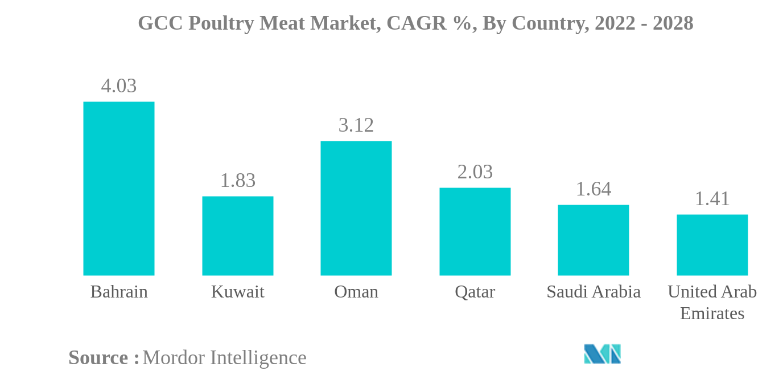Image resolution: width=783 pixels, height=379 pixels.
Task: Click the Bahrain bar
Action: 118,189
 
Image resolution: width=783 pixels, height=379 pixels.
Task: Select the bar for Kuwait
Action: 237,236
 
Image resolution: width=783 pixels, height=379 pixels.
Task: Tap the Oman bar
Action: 356,208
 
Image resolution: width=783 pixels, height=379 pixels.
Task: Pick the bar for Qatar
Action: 475,231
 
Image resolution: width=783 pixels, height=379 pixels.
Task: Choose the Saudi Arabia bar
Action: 593,240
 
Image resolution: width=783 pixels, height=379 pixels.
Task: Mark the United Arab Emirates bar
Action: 712,245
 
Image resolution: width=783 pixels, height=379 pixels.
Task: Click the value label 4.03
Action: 118,86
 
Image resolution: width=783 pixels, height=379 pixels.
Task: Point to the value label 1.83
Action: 237,181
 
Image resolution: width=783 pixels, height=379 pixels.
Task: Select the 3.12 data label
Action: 356,125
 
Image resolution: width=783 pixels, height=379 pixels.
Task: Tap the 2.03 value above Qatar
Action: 475,172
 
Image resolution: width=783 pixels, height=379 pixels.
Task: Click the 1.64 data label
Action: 593,189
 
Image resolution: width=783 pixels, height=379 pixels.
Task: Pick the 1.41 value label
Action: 712,199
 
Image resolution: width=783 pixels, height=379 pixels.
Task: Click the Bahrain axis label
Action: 118,292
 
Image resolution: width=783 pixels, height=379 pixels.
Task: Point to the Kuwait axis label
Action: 237,292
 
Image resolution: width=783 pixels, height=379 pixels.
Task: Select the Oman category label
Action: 356,292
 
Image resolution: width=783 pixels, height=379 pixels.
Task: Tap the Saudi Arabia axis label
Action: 593,292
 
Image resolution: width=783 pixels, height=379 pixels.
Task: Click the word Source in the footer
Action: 98,358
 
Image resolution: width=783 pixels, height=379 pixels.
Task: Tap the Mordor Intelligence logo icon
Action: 602,354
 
